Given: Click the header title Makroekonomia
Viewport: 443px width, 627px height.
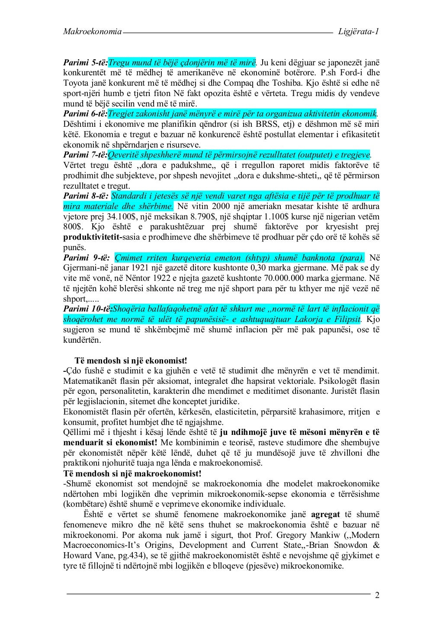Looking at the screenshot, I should pos(92,32).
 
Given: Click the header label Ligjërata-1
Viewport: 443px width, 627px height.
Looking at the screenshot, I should pos(359,32).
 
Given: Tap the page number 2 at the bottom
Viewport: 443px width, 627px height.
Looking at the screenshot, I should pos(377,595).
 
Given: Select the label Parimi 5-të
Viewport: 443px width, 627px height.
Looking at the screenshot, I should pos(85,63).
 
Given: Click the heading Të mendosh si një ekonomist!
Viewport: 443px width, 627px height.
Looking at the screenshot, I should pos(131,361).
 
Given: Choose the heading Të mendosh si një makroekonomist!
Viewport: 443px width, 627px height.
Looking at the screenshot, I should pos(132,474).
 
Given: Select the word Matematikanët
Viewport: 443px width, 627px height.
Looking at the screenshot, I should pos(88,382).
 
